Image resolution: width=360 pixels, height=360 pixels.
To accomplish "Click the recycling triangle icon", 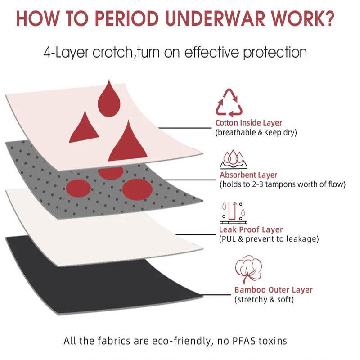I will [229, 103].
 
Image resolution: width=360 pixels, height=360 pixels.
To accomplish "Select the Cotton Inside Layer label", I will [249, 123].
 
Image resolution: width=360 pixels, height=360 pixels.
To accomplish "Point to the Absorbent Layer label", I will [248, 175].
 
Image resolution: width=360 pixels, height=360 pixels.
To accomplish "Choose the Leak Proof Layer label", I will [251, 230].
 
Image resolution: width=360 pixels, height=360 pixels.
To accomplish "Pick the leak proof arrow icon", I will [233, 213].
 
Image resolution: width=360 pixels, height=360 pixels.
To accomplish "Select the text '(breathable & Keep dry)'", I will [256, 132].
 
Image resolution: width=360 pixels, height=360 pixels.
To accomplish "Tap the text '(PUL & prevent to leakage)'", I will [269, 239].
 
